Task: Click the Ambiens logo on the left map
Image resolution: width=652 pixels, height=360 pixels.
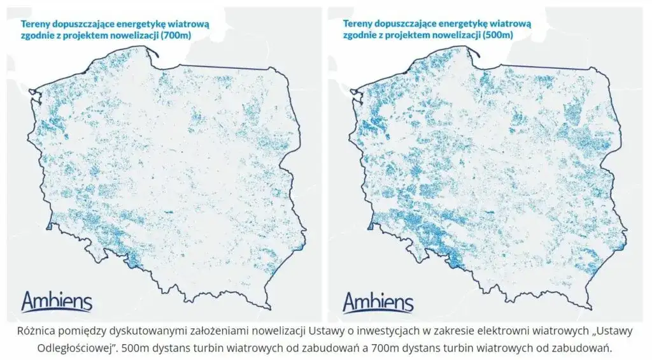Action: click(x=57, y=302)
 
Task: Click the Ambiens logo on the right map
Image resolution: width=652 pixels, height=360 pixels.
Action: click(x=378, y=302)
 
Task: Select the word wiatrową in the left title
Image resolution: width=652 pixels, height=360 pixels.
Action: click(x=190, y=23)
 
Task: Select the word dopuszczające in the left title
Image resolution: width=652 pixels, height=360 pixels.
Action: click(x=85, y=23)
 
